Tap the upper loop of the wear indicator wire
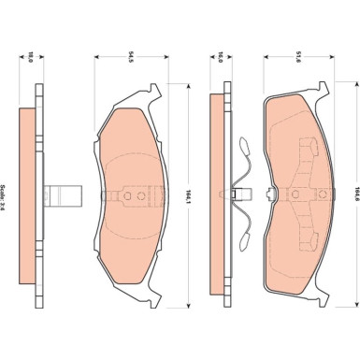click(244, 150)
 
